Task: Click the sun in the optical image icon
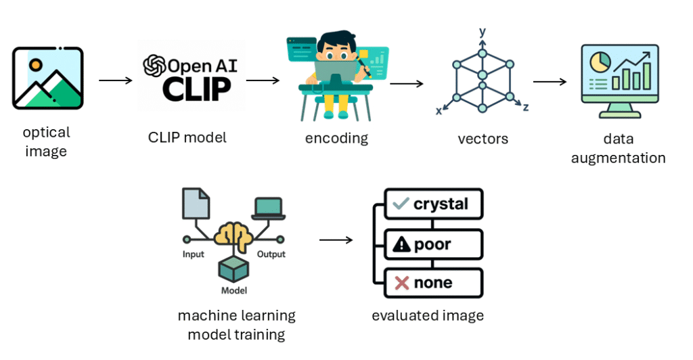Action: click(x=36, y=65)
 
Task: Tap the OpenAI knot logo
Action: click(x=154, y=66)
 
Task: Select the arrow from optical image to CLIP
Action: click(x=116, y=81)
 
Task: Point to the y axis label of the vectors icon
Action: click(x=482, y=32)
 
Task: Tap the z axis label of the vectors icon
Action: click(x=526, y=107)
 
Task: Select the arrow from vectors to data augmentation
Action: click(x=550, y=82)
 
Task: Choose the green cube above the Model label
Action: click(x=233, y=270)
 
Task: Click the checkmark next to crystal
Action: click(x=401, y=203)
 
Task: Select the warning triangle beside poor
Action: click(x=401, y=244)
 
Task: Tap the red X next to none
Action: click(x=401, y=283)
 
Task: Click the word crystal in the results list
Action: click(x=441, y=203)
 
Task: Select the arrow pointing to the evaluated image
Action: click(x=336, y=240)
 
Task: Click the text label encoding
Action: click(x=336, y=139)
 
